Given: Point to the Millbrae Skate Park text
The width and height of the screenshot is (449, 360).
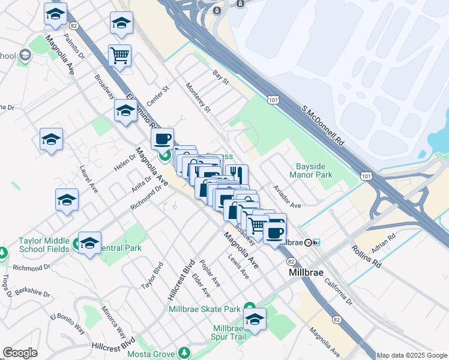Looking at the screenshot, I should (x=205, y=309).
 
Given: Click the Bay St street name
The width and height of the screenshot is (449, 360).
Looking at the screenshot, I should (x=221, y=77).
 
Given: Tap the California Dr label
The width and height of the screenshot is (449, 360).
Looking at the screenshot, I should (x=340, y=293).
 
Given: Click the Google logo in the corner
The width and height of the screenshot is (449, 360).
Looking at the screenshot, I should (x=20, y=353).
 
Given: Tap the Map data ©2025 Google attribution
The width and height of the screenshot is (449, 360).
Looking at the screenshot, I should (x=412, y=355).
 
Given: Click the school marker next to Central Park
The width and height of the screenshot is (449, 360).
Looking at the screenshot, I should (x=89, y=243).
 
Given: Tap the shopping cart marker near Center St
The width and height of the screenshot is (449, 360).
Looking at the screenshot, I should (x=119, y=56).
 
